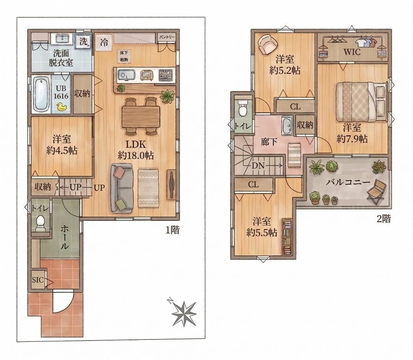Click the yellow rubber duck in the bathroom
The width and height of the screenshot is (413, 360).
coord(62,107)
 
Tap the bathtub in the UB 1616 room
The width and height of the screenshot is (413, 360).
coord(40,94)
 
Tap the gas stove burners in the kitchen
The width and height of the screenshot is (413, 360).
coord(165,75)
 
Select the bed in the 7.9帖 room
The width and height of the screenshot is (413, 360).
coord(360,102)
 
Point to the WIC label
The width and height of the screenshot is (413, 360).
coord(352,52)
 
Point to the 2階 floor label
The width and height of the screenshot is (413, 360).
coord(384,219)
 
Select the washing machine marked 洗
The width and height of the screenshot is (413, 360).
coord(83,41)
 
